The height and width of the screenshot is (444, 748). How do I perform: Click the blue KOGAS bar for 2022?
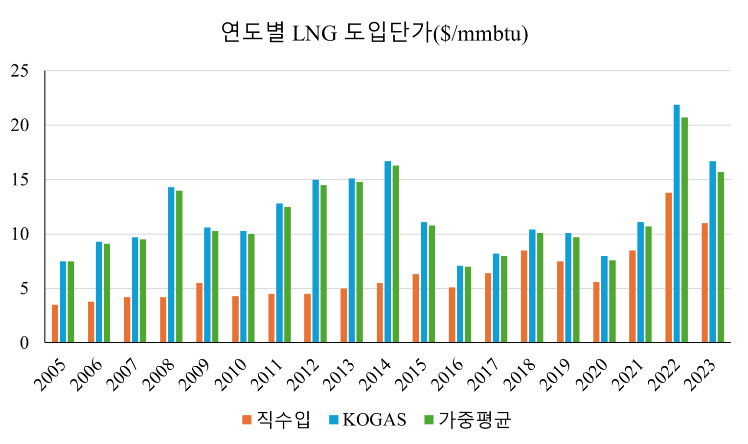click(677, 223)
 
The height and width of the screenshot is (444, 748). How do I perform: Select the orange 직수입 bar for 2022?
click(668, 267)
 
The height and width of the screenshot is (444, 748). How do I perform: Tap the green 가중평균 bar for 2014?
click(396, 254)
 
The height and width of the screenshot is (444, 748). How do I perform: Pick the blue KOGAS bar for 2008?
click(171, 265)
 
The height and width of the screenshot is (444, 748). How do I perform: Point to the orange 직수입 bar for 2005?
click(55, 323)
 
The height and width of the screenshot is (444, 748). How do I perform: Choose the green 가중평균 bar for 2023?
click(721, 257)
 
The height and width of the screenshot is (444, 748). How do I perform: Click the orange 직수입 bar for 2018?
click(524, 296)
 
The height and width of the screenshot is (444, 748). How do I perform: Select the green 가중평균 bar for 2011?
click(288, 274)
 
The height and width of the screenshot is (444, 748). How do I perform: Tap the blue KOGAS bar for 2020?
click(604, 299)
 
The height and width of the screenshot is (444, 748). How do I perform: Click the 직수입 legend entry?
click(276, 420)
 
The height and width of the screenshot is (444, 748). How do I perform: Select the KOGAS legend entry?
click(368, 420)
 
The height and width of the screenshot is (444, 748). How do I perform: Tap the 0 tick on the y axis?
click(24, 343)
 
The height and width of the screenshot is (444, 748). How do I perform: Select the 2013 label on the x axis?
click(341, 376)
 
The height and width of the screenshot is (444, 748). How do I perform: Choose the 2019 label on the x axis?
click(557, 376)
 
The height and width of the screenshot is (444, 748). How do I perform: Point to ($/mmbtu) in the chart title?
click(481, 33)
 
